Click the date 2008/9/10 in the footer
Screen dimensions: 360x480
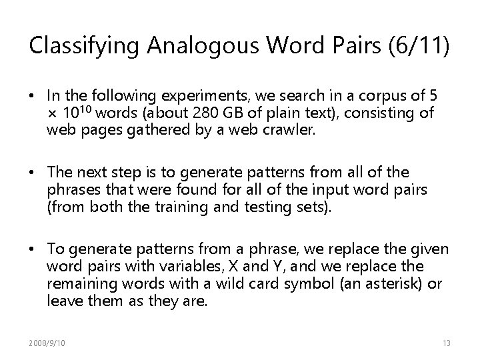[48, 343]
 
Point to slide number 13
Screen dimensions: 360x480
[447, 343]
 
